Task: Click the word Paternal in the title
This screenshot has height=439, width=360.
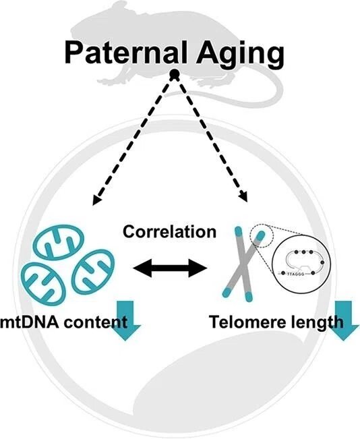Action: pyautogui.click(x=125, y=53)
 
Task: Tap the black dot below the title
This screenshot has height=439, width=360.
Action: pyautogui.click(x=175, y=74)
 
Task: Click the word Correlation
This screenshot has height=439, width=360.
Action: pyautogui.click(x=170, y=232)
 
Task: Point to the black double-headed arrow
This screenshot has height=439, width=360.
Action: pyautogui.click(x=170, y=268)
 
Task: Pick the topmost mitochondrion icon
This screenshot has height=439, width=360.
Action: pyautogui.click(x=60, y=243)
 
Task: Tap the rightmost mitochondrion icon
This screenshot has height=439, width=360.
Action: pyautogui.click(x=94, y=272)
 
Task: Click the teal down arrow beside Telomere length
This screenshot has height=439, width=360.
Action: pyautogui.click(x=343, y=320)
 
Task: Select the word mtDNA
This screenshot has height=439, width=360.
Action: pyautogui.click(x=30, y=322)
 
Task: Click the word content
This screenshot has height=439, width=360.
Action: pyautogui.click(x=96, y=322)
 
